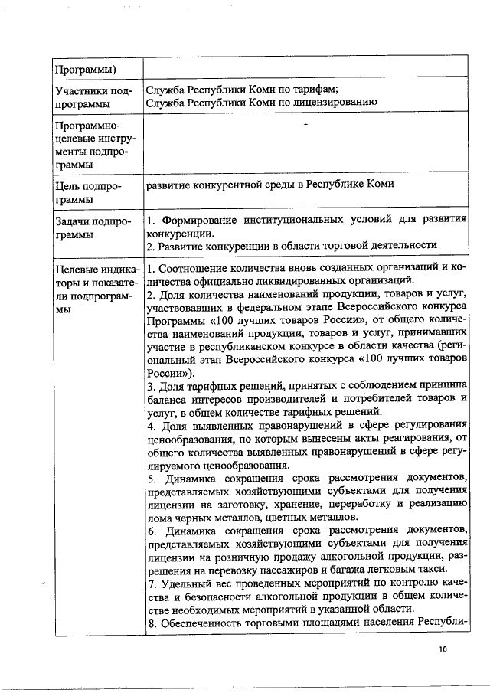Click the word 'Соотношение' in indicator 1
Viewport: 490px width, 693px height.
pyautogui.click(x=191, y=268)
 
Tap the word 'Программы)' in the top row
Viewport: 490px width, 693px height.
pyautogui.click(x=85, y=70)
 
